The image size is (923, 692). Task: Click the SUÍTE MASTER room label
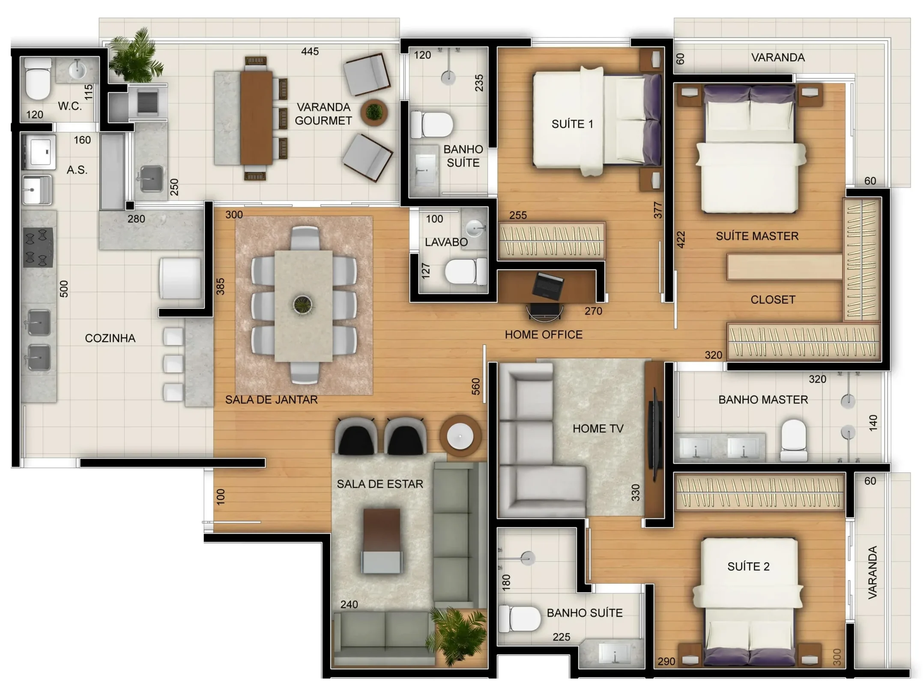coord(757,236)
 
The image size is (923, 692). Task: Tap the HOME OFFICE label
coord(544,334)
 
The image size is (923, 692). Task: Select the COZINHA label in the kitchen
coord(110,338)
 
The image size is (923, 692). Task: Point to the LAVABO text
coord(446,242)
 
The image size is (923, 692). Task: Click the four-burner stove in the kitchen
coord(38,248)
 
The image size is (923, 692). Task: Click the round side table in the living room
coord(460,436)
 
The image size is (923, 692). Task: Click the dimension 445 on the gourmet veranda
coord(310,51)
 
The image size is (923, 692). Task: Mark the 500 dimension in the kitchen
coord(63,289)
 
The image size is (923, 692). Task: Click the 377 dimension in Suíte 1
coord(658,210)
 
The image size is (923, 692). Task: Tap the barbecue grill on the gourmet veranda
coord(147,102)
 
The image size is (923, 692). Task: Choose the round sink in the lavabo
coord(475,228)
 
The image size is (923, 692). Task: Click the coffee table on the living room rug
coord(382,541)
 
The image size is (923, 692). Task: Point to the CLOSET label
coord(773,300)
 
